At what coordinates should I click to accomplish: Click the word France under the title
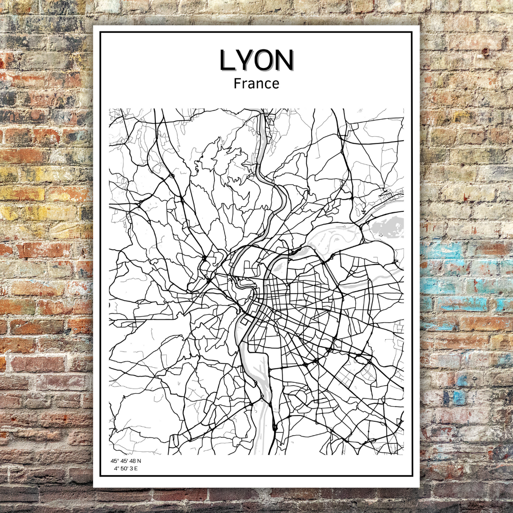(256, 84)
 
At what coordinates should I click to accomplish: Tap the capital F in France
(237, 84)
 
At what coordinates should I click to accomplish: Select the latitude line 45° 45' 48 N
(126, 461)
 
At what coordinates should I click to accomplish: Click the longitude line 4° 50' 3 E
(126, 469)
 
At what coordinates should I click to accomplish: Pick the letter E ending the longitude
(136, 469)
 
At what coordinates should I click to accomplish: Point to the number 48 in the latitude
(132, 461)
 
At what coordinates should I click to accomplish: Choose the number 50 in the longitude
(123, 469)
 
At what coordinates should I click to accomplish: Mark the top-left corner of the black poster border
(100, 32)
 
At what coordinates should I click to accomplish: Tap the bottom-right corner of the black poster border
(412, 475)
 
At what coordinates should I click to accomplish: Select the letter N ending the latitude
(139, 461)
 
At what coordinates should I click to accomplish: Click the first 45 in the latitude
(114, 461)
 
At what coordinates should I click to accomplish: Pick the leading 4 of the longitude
(115, 469)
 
